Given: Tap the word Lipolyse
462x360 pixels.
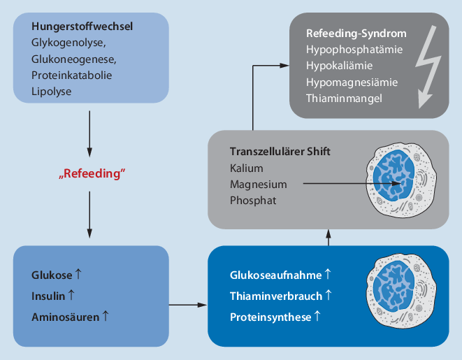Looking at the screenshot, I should click(x=50, y=89).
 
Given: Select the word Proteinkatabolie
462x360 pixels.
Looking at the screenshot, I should click(x=71, y=74).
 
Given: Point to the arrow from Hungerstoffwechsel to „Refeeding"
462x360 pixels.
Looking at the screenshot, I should click(x=90, y=133).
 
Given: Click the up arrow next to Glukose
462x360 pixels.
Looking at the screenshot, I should click(x=79, y=274).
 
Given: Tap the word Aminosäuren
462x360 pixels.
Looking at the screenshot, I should click(x=65, y=316).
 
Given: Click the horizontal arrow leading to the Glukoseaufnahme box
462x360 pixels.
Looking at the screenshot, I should click(x=187, y=305).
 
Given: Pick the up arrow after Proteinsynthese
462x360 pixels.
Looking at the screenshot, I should click(x=317, y=317).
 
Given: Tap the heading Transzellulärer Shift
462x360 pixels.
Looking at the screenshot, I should click(x=280, y=152).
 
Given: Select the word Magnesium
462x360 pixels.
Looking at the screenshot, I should click(x=258, y=185).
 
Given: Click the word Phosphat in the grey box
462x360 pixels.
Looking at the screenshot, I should click(x=252, y=200).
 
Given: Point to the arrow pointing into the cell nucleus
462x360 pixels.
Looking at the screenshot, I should click(x=349, y=185).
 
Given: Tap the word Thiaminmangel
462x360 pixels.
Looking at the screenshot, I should click(x=343, y=98).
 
